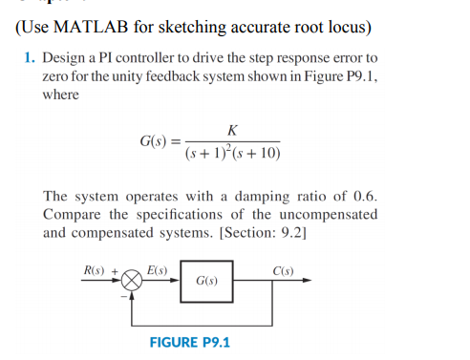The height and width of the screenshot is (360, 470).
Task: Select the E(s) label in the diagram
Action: (x=157, y=269)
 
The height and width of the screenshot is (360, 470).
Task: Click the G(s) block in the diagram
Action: (x=205, y=282)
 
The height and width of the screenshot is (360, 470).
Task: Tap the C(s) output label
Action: (x=282, y=269)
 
